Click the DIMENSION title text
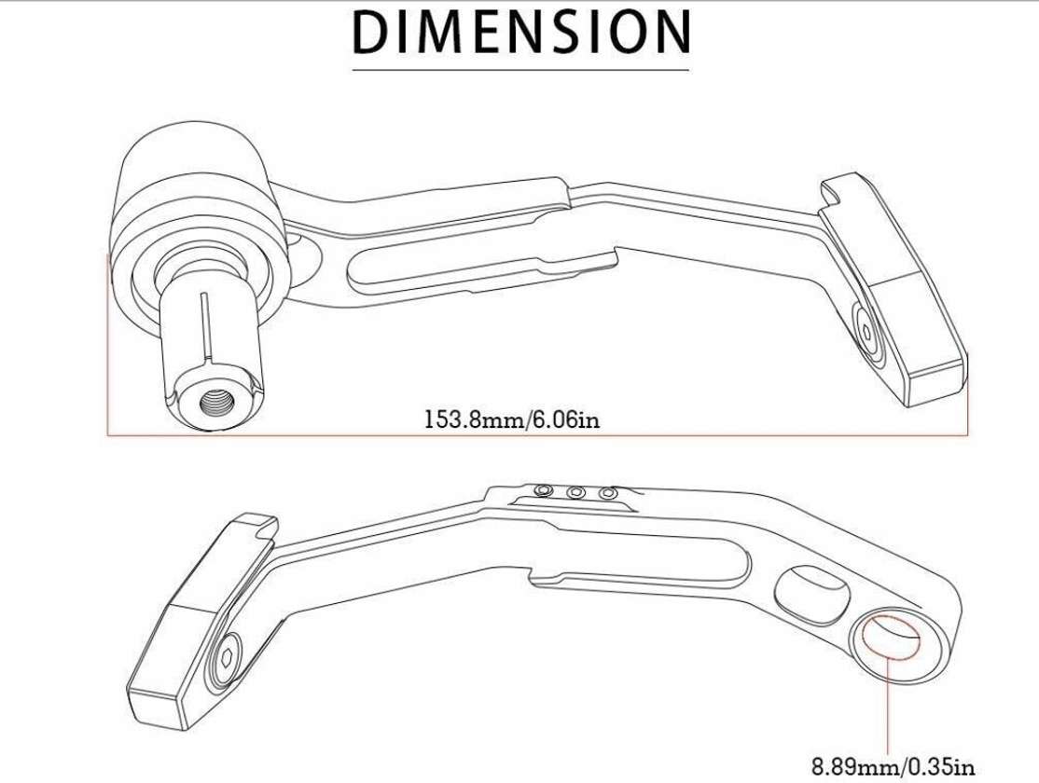(521, 33)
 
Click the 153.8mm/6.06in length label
(512, 419)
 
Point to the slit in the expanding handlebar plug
(202, 326)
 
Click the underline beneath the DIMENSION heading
(521, 69)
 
